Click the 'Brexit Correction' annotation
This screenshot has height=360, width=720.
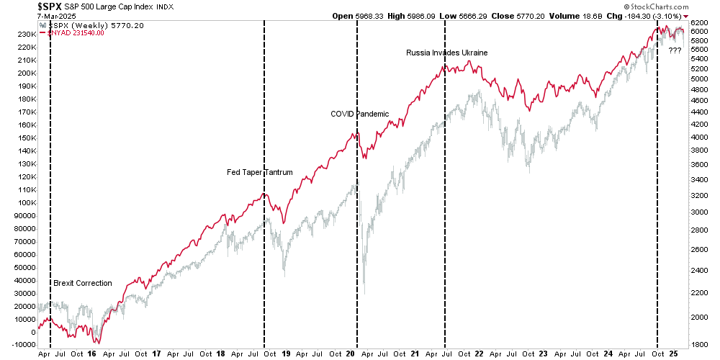coord(83,283)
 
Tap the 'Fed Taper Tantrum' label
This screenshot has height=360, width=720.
coord(260,172)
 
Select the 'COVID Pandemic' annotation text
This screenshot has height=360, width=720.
coord(360,114)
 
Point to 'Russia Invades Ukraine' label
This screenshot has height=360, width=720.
coord(447,53)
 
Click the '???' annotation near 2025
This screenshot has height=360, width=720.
coord(675,50)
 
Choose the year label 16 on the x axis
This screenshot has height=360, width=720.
coord(91,354)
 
